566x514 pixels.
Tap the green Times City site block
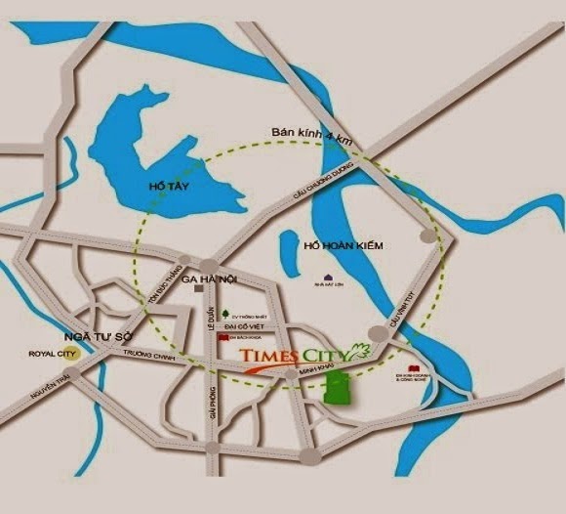338,387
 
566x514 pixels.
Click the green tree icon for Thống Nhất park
225,314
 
